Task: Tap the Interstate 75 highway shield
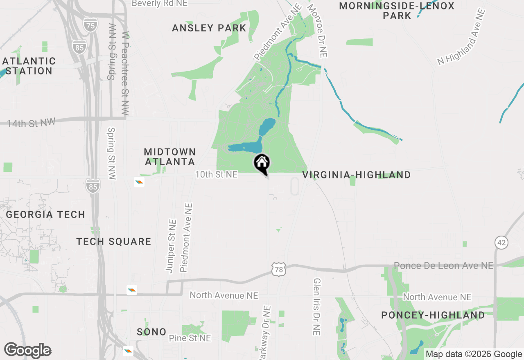90,25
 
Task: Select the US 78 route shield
278,269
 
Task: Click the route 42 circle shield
501,242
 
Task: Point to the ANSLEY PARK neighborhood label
209,28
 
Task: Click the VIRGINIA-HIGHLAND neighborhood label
357,175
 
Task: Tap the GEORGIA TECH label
45,214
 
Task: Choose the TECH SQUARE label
114,241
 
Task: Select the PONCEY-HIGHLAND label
433,315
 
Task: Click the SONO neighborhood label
151,332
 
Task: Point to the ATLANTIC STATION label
29,66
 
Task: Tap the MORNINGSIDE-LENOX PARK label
397,11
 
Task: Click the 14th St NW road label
31,122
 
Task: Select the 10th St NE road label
216,174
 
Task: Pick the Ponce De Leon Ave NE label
443,266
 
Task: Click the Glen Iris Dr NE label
316,307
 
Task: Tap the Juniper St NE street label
171,245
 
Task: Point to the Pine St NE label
190,338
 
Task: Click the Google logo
28,351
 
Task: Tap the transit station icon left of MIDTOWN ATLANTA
139,182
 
